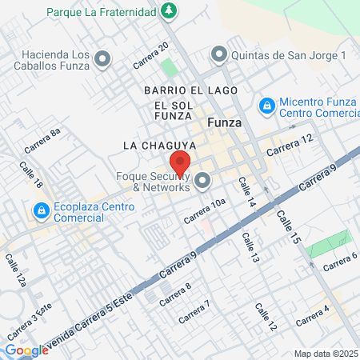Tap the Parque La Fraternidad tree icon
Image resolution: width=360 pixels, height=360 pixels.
(169, 10)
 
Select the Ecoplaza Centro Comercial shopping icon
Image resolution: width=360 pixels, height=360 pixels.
(39, 210)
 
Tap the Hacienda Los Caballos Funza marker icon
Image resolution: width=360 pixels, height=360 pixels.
(102, 58)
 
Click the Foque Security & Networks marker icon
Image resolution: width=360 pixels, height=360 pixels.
(202, 181)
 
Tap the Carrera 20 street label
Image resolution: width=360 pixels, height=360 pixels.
(150, 54)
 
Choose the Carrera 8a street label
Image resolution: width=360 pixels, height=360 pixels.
(42, 141)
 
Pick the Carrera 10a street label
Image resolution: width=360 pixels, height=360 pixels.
(205, 210)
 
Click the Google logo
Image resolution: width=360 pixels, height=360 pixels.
(26, 350)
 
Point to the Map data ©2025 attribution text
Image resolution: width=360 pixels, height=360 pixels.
(326, 354)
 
